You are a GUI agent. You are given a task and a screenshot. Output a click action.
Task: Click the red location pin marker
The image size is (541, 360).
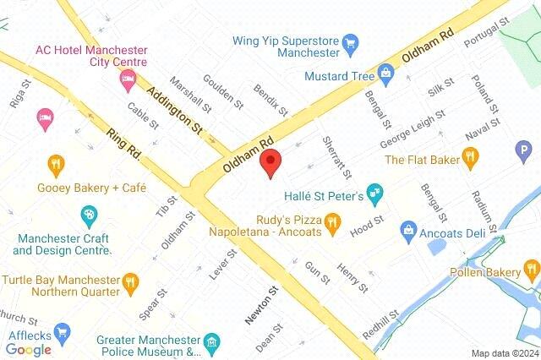coord(270,161)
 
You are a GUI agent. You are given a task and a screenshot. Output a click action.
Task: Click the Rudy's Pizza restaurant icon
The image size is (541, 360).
coord(332,222)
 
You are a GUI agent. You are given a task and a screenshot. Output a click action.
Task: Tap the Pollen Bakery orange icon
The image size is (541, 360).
coord(529,271)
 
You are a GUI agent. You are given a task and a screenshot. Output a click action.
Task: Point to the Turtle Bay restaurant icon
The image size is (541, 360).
coord(129,281)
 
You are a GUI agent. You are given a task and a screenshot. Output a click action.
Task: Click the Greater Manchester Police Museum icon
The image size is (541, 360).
coord(211,343)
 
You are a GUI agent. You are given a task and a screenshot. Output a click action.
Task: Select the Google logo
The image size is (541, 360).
coord(29,349)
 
